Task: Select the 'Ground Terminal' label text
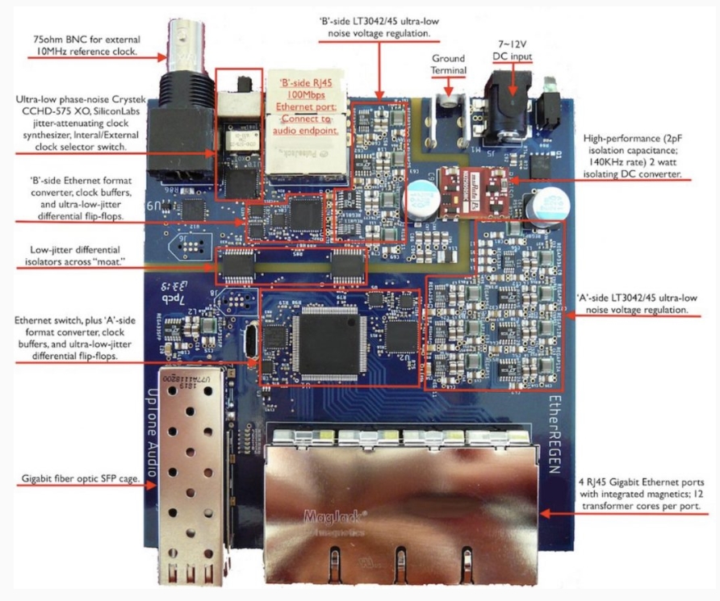point(449,65)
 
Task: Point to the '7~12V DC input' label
point(513,49)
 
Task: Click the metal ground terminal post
point(447,106)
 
